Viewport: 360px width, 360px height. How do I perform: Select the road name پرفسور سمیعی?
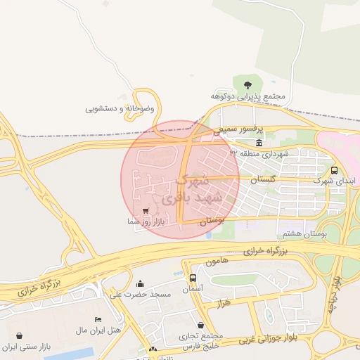[x=238, y=130]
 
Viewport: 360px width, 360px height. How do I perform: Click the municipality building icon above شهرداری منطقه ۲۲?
[x=259, y=142]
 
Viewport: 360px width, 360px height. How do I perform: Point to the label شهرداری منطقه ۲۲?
[x=259, y=153]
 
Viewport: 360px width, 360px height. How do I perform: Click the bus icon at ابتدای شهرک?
[x=333, y=170]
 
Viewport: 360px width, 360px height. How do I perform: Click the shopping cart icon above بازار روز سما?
[x=145, y=210]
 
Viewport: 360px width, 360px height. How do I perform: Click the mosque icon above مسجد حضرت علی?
[x=140, y=283]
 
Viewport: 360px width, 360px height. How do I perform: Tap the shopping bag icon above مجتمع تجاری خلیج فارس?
[x=202, y=325]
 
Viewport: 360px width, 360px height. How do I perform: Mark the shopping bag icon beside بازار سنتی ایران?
[x=18, y=337]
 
